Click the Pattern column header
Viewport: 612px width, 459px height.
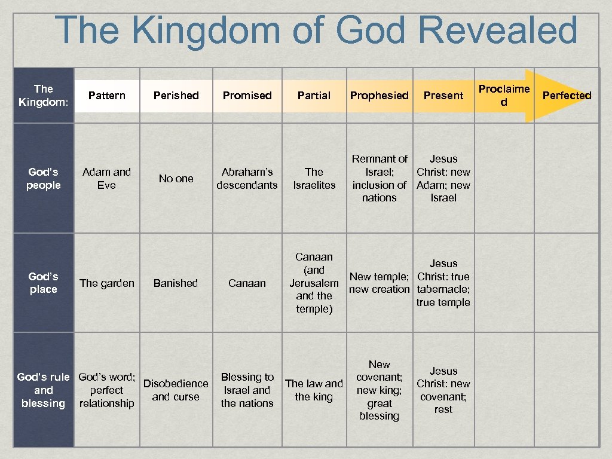[106, 96]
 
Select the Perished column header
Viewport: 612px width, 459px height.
[176, 96]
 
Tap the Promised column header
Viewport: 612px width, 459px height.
[247, 96]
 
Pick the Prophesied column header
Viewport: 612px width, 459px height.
[379, 96]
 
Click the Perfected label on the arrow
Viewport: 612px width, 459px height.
[567, 96]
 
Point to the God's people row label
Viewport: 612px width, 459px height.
[44, 179]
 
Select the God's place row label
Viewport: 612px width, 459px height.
[44, 283]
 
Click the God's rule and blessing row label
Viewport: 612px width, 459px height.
[43, 390]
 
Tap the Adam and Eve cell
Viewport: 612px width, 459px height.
[106, 179]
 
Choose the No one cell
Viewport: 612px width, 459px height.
[176, 179]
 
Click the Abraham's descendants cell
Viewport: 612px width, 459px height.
[247, 179]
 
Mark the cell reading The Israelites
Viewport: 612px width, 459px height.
[314, 179]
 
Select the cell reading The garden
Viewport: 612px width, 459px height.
[106, 283]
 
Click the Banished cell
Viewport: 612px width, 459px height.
[176, 283]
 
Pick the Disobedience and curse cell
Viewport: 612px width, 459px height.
[176, 390]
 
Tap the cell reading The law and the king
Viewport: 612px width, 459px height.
[314, 390]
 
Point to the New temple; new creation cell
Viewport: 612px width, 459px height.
[379, 283]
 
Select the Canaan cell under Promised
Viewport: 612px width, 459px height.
[247, 283]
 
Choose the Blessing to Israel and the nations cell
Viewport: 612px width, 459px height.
[247, 390]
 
